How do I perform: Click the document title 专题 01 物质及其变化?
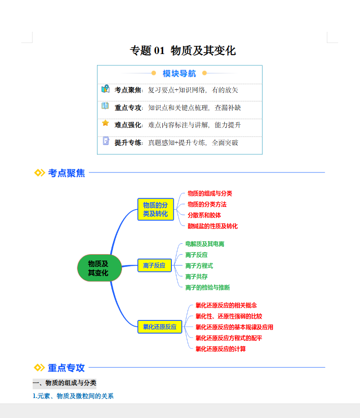click(x=183, y=50)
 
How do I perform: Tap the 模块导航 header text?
click(x=180, y=74)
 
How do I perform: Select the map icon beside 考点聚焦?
click(x=105, y=89)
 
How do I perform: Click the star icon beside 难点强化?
click(x=105, y=123)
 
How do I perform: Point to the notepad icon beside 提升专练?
click(x=106, y=141)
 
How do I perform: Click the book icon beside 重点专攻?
click(x=105, y=106)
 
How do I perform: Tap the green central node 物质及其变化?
click(x=99, y=268)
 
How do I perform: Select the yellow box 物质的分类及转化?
click(x=156, y=209)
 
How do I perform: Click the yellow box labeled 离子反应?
click(x=154, y=266)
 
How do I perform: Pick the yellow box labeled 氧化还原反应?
click(x=159, y=326)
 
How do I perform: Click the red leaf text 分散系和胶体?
click(x=204, y=215)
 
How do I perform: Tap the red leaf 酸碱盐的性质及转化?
click(x=213, y=226)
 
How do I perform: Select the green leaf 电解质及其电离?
click(x=204, y=244)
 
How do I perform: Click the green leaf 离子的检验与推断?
click(x=207, y=287)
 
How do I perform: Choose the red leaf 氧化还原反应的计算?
click(x=220, y=349)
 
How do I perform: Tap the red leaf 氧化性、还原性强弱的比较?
click(x=229, y=316)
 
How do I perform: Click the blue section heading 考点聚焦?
click(x=66, y=173)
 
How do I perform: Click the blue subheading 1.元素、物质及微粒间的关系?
click(x=73, y=396)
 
